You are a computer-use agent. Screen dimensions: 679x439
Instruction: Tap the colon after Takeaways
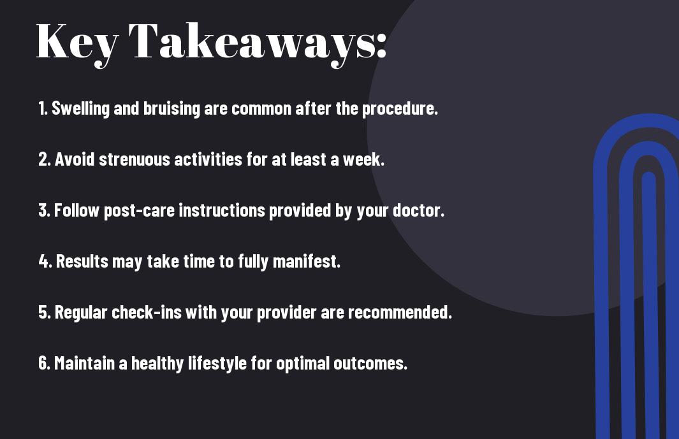381,45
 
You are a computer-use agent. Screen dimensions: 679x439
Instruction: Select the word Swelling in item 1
80,109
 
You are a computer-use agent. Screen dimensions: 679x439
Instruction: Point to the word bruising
172,109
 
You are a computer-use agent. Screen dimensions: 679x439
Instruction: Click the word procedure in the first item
400,109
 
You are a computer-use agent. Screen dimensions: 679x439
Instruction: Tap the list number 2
44,159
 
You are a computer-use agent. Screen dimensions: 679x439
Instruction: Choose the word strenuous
135,159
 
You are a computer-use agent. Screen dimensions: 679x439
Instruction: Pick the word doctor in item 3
418,210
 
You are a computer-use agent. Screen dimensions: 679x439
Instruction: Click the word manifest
307,261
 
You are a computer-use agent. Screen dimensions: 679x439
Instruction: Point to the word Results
82,261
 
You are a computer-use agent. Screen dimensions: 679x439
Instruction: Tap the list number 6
44,363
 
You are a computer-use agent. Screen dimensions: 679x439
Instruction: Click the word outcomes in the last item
370,363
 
